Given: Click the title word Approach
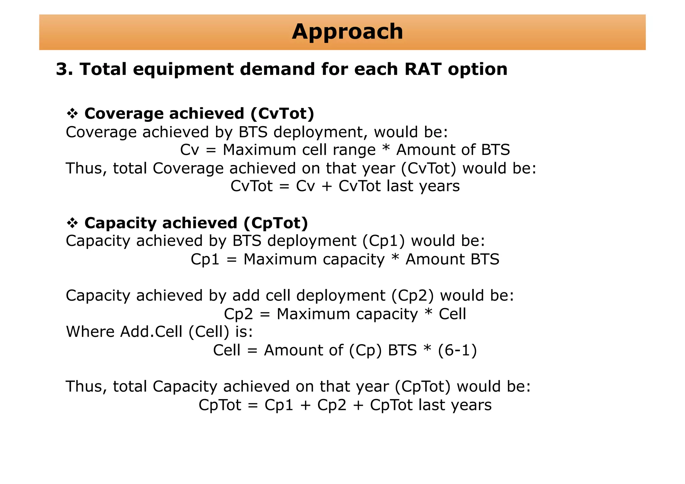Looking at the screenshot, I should pyautogui.click(x=347, y=32).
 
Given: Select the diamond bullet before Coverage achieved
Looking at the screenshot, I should pyautogui.click(x=72, y=114).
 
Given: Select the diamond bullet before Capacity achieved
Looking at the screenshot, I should pyautogui.click(x=72, y=223).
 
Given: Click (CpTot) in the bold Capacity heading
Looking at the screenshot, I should pyautogui.click(x=276, y=223).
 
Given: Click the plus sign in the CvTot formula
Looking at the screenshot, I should pyautogui.click(x=326, y=186).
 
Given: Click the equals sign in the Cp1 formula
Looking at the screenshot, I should pyautogui.click(x=231, y=260).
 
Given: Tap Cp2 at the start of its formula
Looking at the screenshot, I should pyautogui.click(x=238, y=314).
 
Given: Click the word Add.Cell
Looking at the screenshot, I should pyautogui.click(x=151, y=332).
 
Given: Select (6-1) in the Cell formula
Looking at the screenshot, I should pyautogui.click(x=457, y=351).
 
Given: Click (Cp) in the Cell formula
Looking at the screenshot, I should pyautogui.click(x=365, y=351).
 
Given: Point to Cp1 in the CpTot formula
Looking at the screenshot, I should pyautogui.click(x=279, y=405).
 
